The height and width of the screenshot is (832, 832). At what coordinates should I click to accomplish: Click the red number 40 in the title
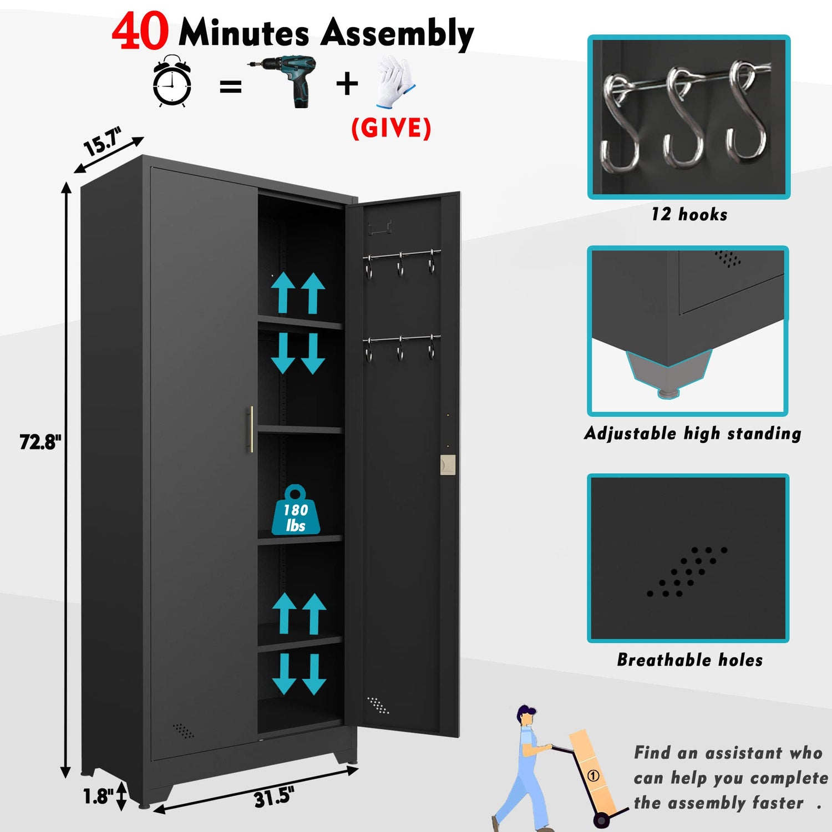pos(140,32)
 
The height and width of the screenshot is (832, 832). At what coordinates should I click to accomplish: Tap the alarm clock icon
pos(172,82)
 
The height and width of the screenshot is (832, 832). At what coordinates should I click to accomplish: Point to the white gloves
pos(395,81)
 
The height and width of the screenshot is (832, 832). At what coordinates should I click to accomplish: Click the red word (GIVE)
pos(391,128)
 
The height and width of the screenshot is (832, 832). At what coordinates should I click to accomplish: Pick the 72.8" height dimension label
pos(40,442)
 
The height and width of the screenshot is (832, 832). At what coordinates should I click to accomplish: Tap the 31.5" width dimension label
pos(273,798)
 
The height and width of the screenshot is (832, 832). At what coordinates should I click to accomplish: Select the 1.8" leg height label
pos(98,797)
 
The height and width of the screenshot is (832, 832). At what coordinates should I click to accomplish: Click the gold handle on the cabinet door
pos(250,429)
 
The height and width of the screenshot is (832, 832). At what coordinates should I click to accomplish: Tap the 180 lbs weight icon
pos(295,511)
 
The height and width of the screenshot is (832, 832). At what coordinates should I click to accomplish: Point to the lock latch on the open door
pos(447,465)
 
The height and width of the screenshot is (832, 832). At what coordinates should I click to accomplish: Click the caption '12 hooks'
pos(689,215)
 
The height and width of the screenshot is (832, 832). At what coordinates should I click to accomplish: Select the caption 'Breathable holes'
pos(689,660)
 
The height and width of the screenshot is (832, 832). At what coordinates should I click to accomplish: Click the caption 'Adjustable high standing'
pos(692,433)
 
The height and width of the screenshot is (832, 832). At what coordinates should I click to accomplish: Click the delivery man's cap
pos(526,711)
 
